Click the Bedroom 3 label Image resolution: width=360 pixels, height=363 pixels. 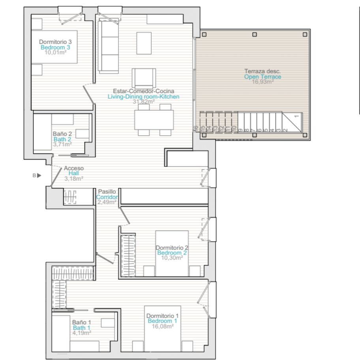point(55,47)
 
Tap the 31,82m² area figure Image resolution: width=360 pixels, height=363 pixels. point(144,101)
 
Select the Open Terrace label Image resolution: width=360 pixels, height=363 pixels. point(262,77)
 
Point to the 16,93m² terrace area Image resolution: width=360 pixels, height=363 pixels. point(263,82)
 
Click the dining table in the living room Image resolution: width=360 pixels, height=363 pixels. point(154,120)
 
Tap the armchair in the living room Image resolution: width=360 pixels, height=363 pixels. point(144,78)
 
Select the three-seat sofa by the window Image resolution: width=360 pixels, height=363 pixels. point(108,46)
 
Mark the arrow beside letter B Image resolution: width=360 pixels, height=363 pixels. point(39,176)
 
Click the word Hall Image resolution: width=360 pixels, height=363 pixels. point(74,173)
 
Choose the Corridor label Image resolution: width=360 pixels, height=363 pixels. point(107,197)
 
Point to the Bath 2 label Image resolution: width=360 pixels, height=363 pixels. point(62,139)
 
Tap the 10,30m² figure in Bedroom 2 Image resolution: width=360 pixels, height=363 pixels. point(172,258)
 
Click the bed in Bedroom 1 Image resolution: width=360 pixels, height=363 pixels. point(162,329)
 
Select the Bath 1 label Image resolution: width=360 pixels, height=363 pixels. point(81,328)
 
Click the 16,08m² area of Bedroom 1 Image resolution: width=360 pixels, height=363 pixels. point(163,326)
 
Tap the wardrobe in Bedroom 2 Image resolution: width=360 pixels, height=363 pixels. point(128,256)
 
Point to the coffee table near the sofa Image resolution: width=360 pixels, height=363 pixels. point(144,43)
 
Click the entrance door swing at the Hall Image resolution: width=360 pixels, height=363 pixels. point(56,176)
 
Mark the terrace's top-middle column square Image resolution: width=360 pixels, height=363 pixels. point(255,34)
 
